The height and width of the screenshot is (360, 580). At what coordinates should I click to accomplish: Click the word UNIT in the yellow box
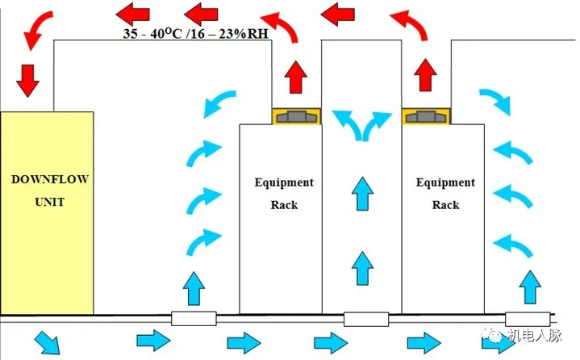tap(45, 201)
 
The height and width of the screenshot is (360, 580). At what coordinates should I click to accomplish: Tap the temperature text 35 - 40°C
tap(150, 35)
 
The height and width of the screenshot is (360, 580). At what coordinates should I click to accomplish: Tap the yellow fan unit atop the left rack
tap(296, 116)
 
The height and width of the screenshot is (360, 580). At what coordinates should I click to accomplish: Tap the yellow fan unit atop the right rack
tap(426, 116)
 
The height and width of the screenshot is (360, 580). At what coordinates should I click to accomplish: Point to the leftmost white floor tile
tap(194, 319)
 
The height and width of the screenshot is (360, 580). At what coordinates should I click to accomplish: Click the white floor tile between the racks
tap(366, 319)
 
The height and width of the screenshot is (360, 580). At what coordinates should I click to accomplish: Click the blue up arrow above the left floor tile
tap(194, 288)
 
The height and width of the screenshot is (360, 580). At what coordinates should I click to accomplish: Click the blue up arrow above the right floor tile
tap(529, 287)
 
